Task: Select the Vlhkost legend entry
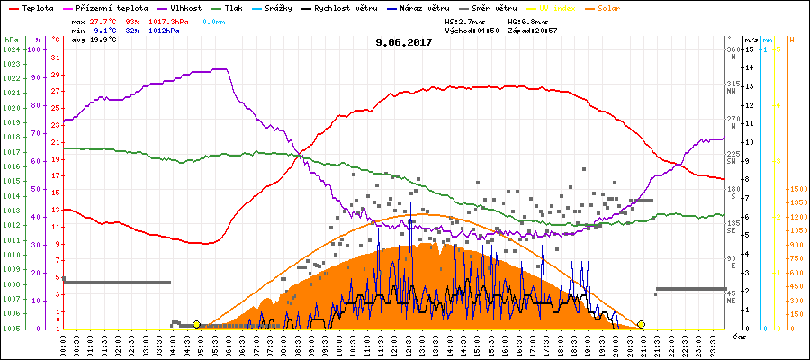[188, 7]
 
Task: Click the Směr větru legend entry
[492, 7]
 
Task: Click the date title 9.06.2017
[404, 41]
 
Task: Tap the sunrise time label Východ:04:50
[472, 30]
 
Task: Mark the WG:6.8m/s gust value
[527, 20]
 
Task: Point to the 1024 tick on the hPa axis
[11, 49]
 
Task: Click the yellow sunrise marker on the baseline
[196, 324]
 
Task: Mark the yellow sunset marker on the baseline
[641, 324]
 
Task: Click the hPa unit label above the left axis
[10, 40]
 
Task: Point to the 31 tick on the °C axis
[56, 58]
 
